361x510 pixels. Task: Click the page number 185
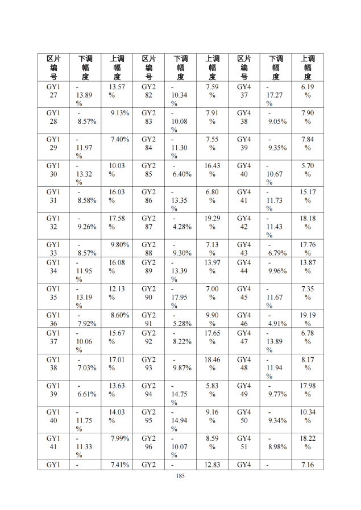[181, 476]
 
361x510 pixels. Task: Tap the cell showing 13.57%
[117, 91]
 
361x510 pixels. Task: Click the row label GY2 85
[148, 170]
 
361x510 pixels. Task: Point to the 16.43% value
[212, 170]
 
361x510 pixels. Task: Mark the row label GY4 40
[244, 170]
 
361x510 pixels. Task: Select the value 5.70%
[308, 170]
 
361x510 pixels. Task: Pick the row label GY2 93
[148, 363]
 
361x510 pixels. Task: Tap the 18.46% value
[212, 363]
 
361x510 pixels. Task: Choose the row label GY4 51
[244, 442]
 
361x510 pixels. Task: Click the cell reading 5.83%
[212, 390]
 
